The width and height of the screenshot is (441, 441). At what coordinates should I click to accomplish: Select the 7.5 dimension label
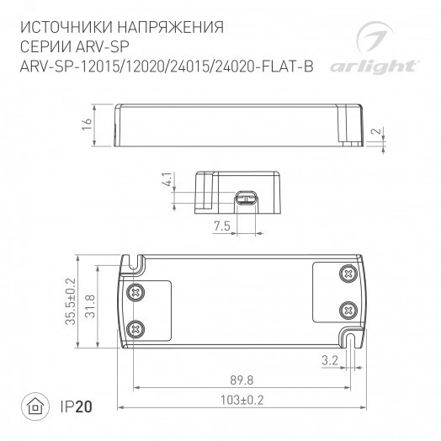pyautogui.click(x=220, y=227)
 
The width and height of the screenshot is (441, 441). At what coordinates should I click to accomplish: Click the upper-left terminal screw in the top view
pyautogui.click(x=134, y=290)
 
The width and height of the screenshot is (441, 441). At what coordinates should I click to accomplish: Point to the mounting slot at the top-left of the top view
pyautogui.click(x=133, y=261)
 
